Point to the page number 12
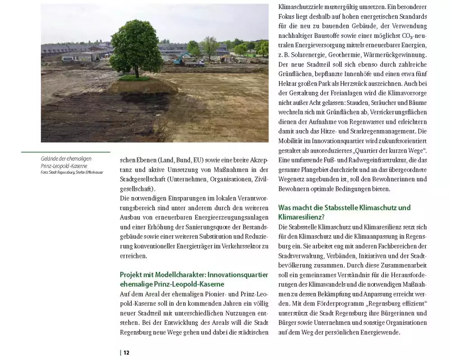point(126,352)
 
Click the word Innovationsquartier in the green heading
point(234,275)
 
